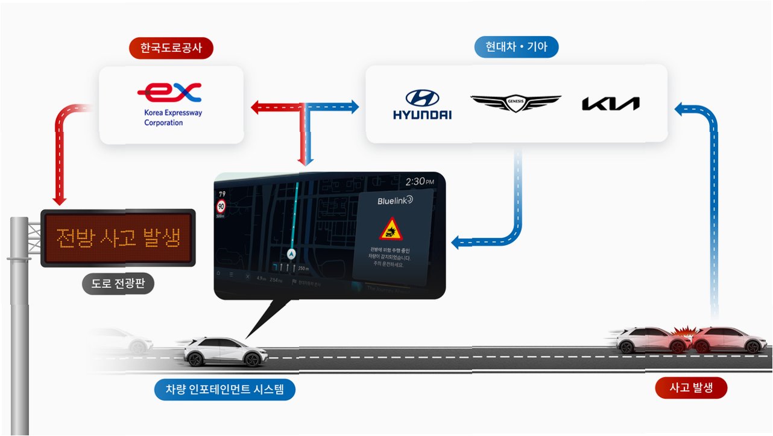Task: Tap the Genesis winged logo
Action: pos(516,103)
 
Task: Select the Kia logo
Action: pos(610,104)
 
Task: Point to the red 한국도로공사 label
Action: pos(171,49)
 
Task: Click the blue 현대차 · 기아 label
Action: pos(516,47)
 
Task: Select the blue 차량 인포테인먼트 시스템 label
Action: pos(226,390)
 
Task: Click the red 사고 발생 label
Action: pos(691,388)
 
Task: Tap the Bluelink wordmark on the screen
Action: pos(395,200)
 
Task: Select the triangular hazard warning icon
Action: pos(391,229)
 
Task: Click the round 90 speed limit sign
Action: pos(221,205)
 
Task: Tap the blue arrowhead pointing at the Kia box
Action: pos(680,109)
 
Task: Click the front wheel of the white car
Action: pos(254,360)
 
